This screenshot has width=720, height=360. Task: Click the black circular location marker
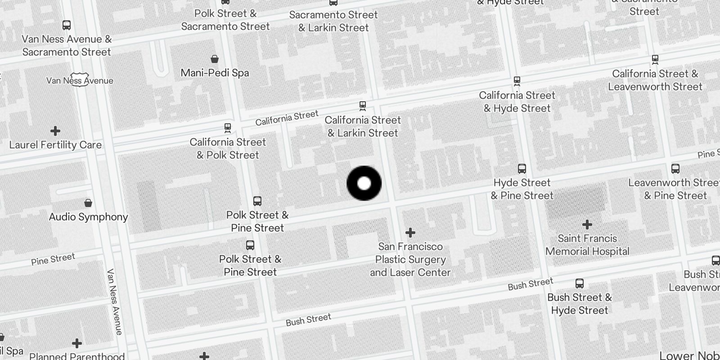click(x=364, y=183)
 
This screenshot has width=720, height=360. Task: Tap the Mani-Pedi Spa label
click(x=215, y=73)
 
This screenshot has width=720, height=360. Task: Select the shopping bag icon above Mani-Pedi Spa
click(x=215, y=59)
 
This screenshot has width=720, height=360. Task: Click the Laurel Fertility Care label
click(x=55, y=145)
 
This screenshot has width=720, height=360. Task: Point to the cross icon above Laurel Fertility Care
click(x=55, y=131)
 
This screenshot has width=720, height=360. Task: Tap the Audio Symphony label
click(x=88, y=217)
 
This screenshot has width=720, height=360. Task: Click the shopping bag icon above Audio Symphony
click(x=88, y=203)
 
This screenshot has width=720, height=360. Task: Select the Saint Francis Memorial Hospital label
click(x=587, y=245)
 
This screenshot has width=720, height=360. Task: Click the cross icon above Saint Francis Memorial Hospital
click(x=587, y=224)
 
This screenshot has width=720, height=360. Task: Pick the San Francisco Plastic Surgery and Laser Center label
click(x=410, y=259)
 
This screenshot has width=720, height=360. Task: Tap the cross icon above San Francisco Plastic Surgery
click(x=410, y=233)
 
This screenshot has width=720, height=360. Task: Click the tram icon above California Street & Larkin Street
click(x=362, y=106)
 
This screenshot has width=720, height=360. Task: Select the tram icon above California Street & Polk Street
click(x=228, y=128)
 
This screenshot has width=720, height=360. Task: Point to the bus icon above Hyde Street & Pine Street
click(x=522, y=169)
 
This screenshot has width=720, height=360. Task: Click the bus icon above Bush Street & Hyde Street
click(x=580, y=283)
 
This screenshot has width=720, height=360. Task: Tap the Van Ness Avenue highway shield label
click(x=80, y=81)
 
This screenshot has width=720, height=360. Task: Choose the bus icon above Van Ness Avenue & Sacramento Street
click(x=67, y=25)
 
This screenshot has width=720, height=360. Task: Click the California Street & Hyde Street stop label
click(x=517, y=102)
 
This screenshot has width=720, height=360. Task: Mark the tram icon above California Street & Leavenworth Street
click(x=655, y=59)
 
